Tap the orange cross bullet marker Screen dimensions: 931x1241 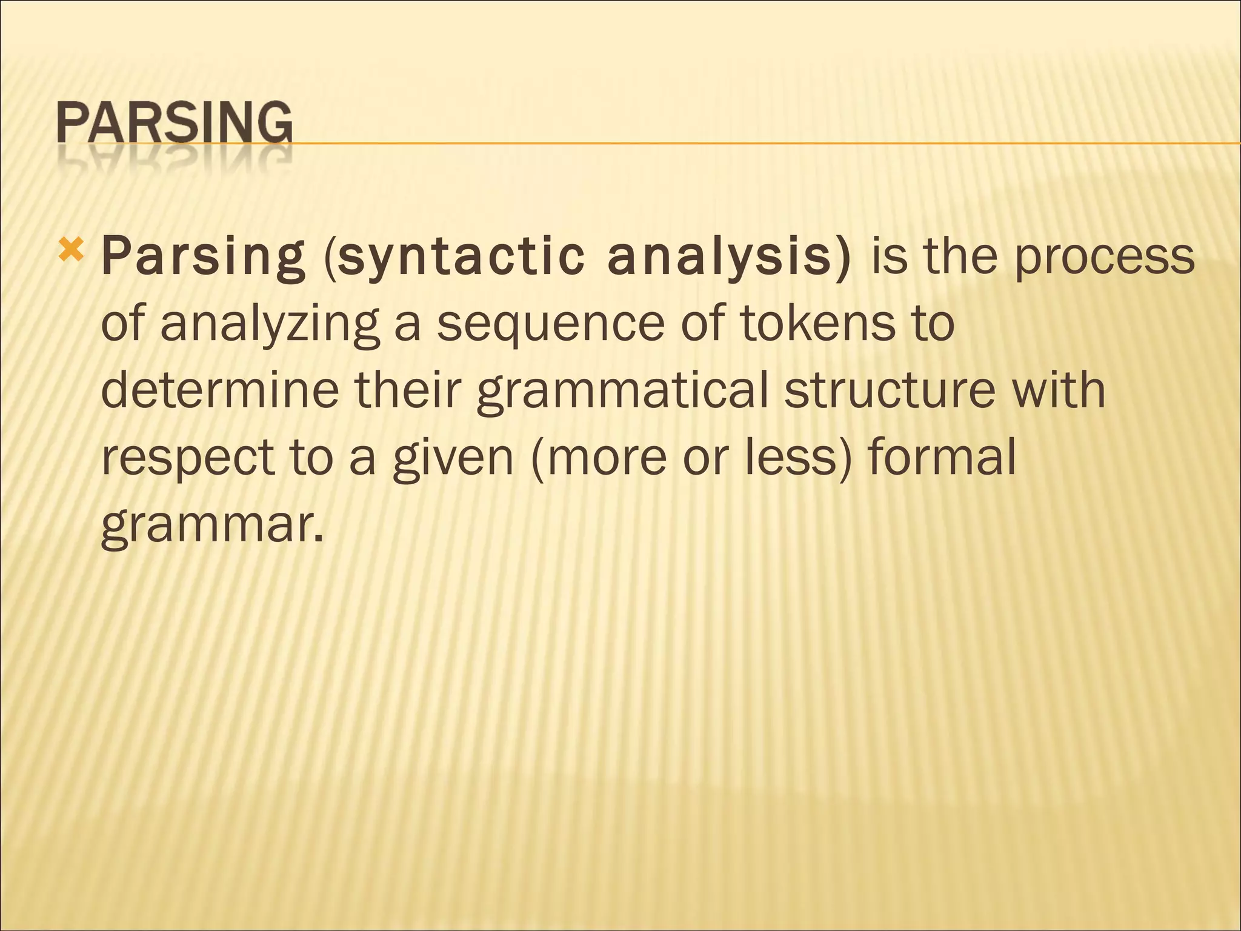[x=72, y=249]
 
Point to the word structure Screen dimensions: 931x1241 [x=890, y=389]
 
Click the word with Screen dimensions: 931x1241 [x=1061, y=389]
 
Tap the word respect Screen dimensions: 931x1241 [x=187, y=458]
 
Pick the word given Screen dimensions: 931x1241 [x=453, y=458]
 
